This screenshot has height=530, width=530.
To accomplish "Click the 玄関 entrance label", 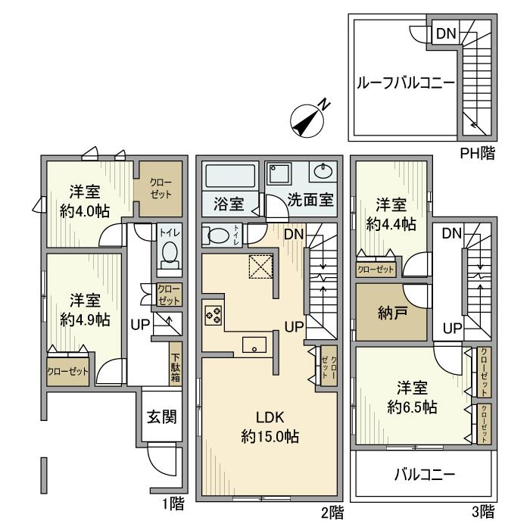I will click(161, 416).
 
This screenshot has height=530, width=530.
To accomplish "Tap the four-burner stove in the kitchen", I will click(213, 313).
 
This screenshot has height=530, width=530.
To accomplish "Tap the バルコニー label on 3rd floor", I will click(424, 476).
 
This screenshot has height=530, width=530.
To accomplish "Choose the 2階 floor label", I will click(330, 512).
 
